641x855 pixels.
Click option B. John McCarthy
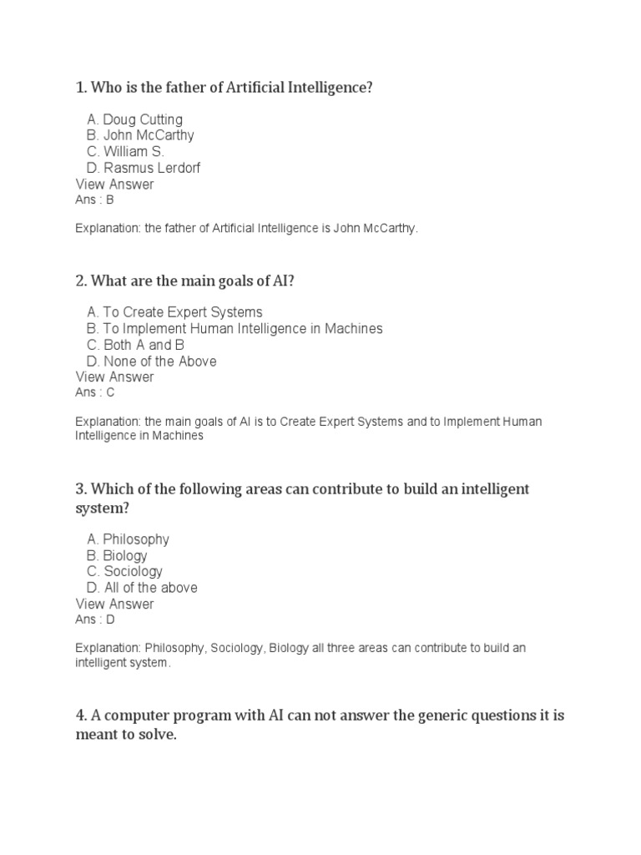(x=140, y=135)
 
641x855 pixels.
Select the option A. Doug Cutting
(x=134, y=119)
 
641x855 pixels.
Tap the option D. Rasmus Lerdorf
(x=144, y=168)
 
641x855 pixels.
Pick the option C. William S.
(x=125, y=152)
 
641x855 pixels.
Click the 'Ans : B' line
(x=94, y=200)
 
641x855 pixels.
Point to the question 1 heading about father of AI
(x=224, y=88)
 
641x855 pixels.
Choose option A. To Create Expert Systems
(x=174, y=312)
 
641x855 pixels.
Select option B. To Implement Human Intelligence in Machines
(x=235, y=328)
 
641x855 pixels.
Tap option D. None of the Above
(x=152, y=361)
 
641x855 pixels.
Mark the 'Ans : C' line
(x=94, y=392)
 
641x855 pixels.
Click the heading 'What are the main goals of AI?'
(x=184, y=281)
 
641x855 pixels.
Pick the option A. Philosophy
(x=128, y=539)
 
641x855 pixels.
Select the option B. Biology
(x=117, y=555)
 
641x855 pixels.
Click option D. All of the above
(x=142, y=588)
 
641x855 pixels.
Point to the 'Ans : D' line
(x=94, y=620)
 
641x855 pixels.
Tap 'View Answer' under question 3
(x=114, y=604)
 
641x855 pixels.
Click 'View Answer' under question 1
(x=114, y=184)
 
